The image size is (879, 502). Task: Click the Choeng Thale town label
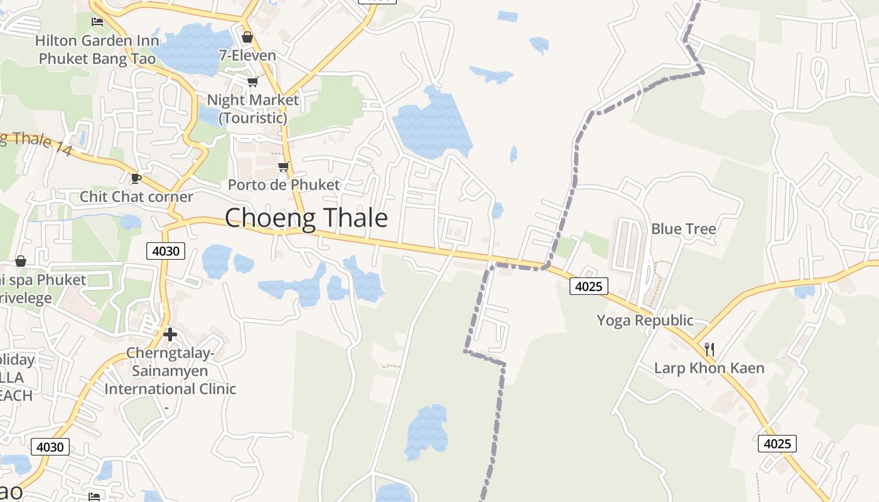point(306,218)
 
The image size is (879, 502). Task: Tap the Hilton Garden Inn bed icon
point(97,22)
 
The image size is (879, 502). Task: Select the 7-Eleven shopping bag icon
point(247,37)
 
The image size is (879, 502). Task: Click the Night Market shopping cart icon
point(253,82)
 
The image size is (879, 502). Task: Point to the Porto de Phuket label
point(284,184)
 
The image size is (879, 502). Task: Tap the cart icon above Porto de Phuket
point(284,166)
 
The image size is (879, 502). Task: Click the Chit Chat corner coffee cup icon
point(136,179)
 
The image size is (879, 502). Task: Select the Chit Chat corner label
point(136,196)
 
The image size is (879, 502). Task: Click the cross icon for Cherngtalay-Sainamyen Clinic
point(170,334)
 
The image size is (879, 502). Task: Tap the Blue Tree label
point(683,228)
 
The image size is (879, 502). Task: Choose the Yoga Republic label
point(645,320)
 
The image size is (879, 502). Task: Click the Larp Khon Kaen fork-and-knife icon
point(709,350)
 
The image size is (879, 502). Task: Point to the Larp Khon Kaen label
point(709,368)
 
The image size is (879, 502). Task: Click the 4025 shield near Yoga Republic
point(589,287)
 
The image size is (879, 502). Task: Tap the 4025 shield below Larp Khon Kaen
point(777,444)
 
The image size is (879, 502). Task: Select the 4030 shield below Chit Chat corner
point(166,252)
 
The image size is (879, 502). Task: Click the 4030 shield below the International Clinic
point(50,447)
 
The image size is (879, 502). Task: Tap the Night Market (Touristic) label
point(253,108)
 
